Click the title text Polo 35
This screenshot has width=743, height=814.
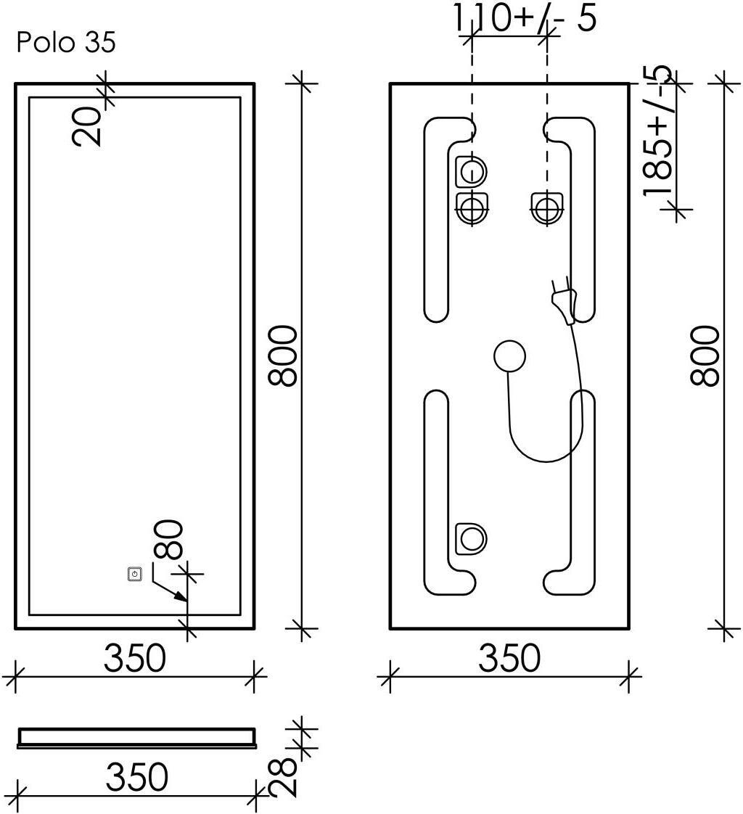click(x=66, y=42)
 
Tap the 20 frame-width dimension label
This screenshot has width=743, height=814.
click(x=86, y=127)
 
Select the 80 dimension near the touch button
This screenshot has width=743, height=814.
click(x=168, y=540)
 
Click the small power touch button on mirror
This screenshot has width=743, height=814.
click(x=134, y=575)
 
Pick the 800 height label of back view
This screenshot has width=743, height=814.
click(x=705, y=355)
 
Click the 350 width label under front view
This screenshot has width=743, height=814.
click(x=135, y=658)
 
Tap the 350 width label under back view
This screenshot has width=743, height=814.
click(x=509, y=658)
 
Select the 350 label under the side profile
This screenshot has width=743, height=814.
click(x=137, y=777)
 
